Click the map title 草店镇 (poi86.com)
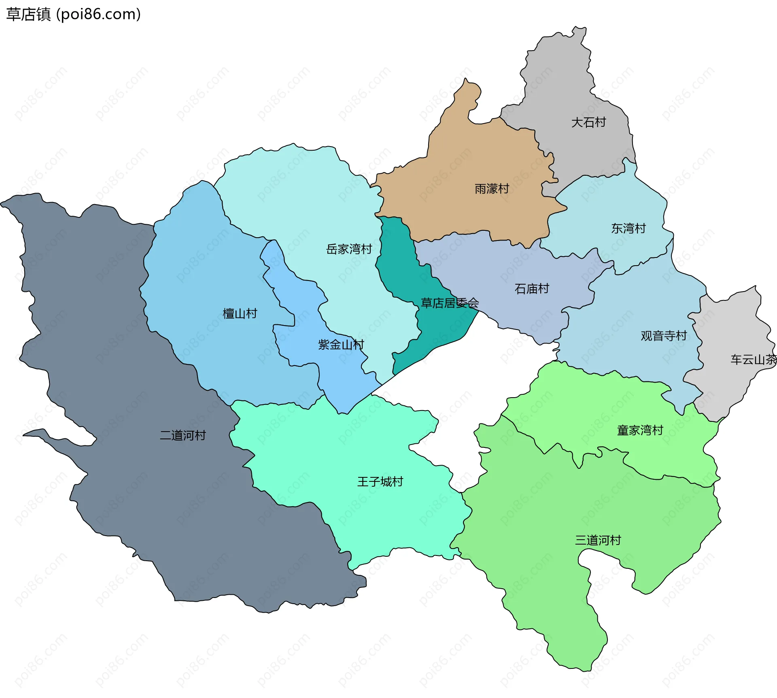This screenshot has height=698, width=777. coord(73,15)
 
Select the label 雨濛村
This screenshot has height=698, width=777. coord(491,189)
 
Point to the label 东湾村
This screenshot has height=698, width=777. coord(628,228)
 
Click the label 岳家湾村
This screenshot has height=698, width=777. coord(349,249)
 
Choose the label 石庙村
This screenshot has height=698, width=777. coord(531,289)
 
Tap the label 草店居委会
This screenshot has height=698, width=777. coord(450,303)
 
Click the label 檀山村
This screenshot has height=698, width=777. coord(240,313)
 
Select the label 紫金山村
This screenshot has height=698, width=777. coord(341,345)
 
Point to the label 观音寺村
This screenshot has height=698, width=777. coord(663,336)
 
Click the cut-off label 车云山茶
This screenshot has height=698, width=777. coord(753,359)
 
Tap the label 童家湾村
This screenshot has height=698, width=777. coord(639,430)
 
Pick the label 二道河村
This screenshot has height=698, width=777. coord(183,435)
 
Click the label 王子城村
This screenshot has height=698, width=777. coord(380,481)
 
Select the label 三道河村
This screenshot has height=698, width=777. coord(597,540)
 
